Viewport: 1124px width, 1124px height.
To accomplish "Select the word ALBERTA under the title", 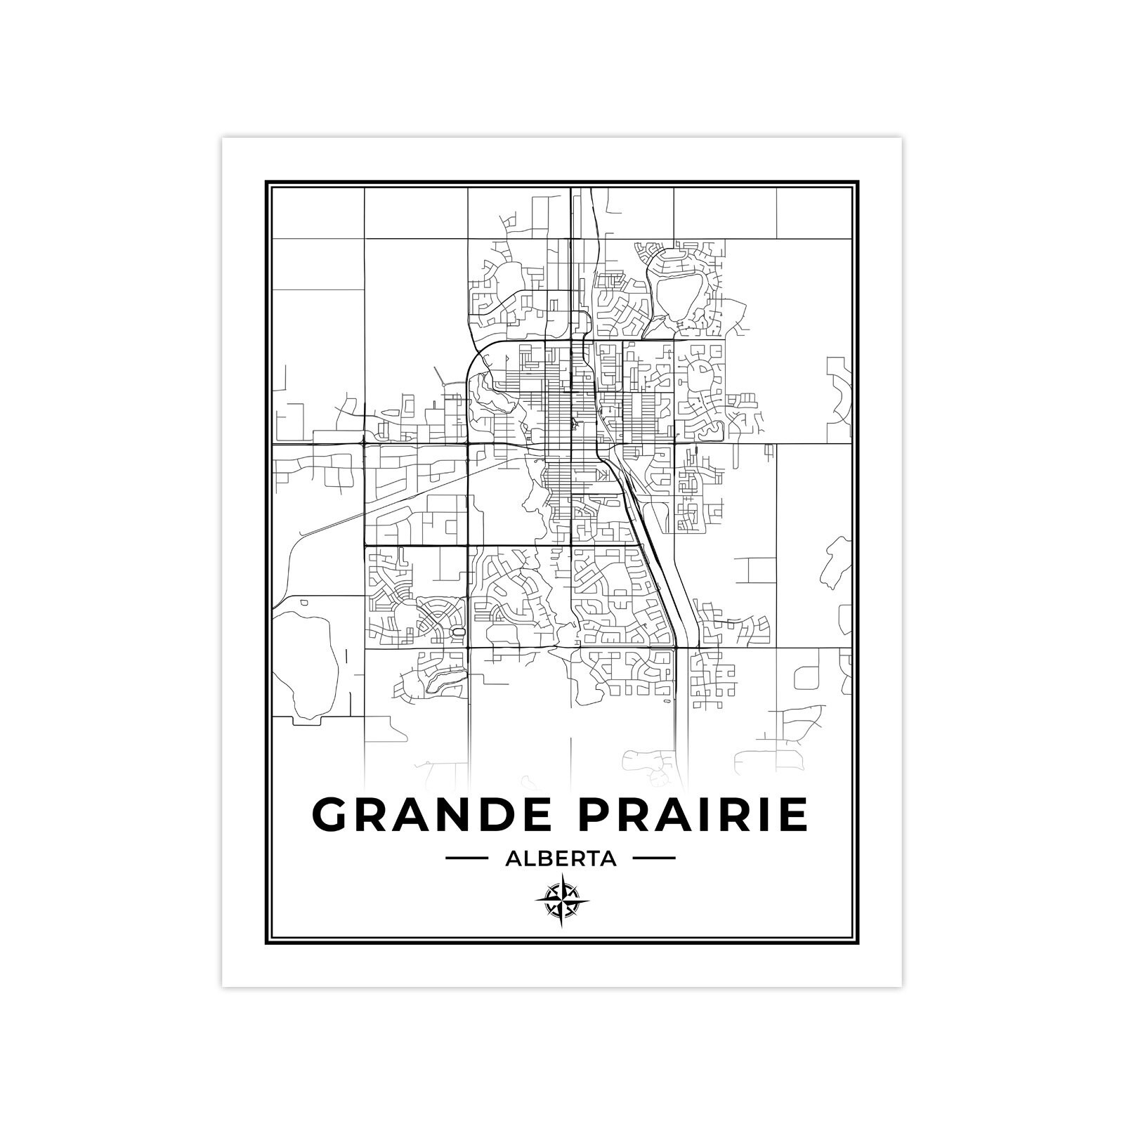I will click(561, 858).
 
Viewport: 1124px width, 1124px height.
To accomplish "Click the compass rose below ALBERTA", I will click(562, 901).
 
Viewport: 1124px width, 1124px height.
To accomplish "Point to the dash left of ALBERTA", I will click(467, 858).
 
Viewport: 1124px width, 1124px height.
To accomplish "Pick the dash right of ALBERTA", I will click(654, 858).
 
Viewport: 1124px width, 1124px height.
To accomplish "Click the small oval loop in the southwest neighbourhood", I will click(459, 633).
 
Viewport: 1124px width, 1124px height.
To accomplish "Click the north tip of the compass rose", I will click(562, 877).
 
